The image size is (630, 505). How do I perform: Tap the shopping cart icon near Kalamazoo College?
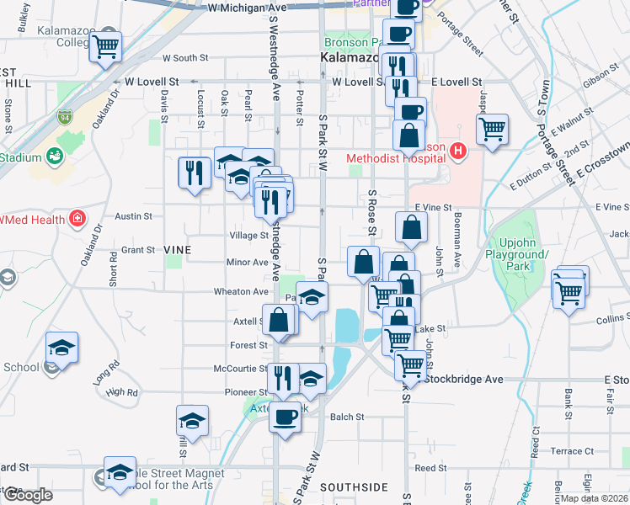click(x=106, y=47)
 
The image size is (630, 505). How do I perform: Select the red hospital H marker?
click(x=458, y=151)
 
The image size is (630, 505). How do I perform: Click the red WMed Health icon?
click(x=77, y=220)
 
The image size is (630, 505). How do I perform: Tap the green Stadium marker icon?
click(x=55, y=157)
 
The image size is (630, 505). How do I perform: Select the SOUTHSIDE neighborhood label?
click(x=354, y=487)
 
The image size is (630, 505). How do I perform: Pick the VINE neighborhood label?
click(x=178, y=250)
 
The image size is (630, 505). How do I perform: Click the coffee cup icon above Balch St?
click(x=286, y=416)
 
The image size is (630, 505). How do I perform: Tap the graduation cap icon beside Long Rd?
click(x=62, y=347)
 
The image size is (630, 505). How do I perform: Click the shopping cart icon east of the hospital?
click(x=492, y=130)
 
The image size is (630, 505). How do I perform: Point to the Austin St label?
click(x=133, y=216)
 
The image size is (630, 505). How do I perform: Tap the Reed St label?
click(x=430, y=468)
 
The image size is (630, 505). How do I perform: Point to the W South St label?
click(x=185, y=58)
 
